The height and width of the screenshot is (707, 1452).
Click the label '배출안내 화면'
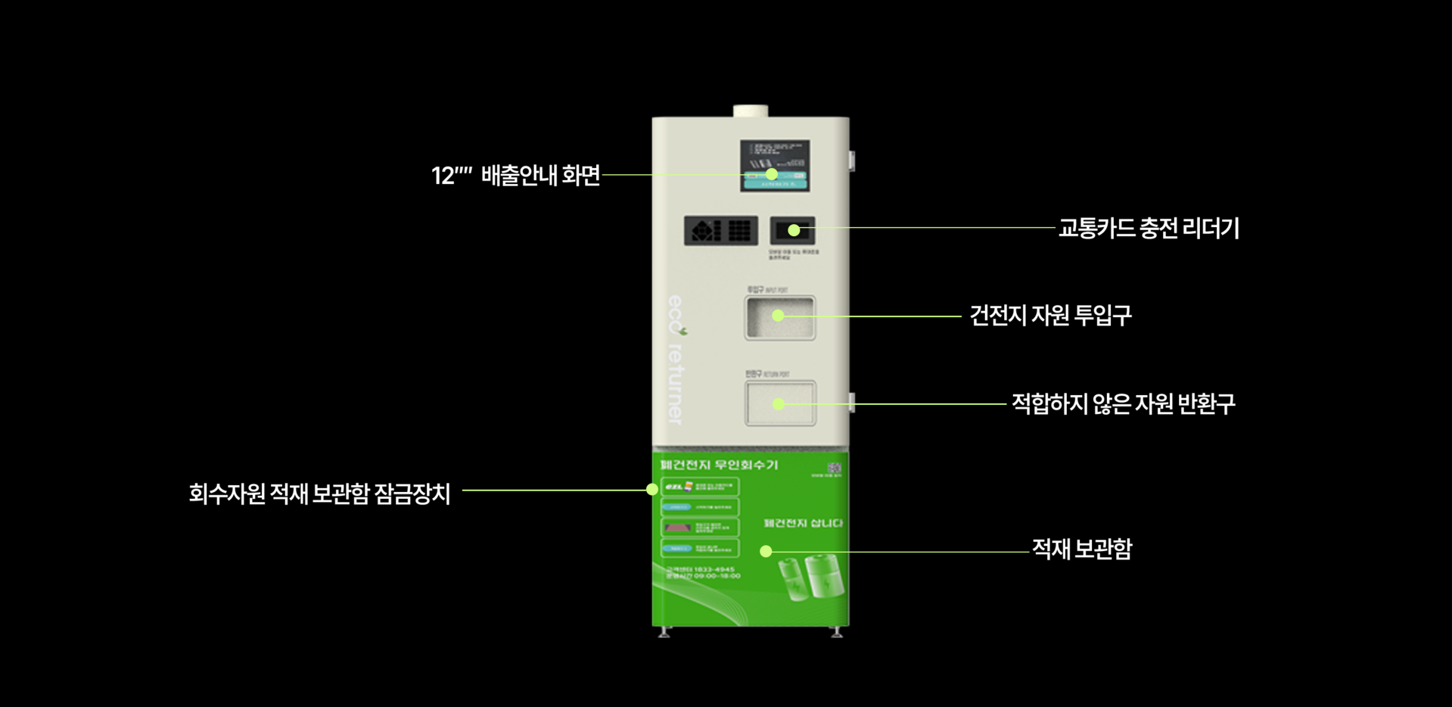click(540, 176)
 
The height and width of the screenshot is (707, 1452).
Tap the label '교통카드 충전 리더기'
click(1148, 228)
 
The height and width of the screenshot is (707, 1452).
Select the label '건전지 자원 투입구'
click(1050, 316)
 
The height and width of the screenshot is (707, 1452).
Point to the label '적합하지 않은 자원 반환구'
click(1123, 404)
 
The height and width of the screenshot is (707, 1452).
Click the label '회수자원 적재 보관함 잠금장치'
click(319, 494)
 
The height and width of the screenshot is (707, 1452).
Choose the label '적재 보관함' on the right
click(1081, 550)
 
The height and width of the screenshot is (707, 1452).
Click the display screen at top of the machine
click(774, 165)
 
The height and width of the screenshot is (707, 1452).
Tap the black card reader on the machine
click(792, 230)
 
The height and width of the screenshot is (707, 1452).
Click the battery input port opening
click(780, 318)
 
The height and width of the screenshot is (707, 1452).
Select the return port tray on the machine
click(780, 403)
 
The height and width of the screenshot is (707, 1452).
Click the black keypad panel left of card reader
click(720, 230)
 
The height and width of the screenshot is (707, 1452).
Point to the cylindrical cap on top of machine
click(750, 111)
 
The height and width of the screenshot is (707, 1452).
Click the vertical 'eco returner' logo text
click(675, 360)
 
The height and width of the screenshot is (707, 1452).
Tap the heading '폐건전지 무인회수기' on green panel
click(719, 465)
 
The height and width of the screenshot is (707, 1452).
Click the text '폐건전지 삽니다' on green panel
click(803, 523)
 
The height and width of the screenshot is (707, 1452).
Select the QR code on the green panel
click(834, 468)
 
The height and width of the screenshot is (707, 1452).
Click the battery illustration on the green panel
click(811, 578)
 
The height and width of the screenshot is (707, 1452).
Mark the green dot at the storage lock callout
click(652, 490)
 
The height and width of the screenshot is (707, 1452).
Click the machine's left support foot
click(664, 633)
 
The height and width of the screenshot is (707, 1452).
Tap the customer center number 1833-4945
click(701, 569)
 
